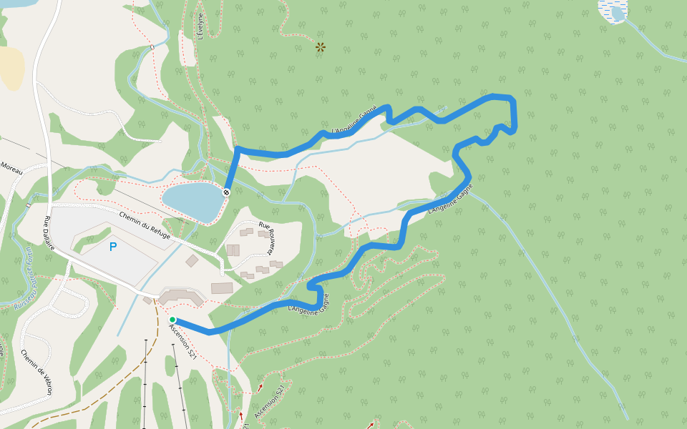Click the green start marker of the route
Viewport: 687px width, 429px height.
pyautogui.click(x=172, y=320)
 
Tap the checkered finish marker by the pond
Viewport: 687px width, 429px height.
pyautogui.click(x=226, y=192)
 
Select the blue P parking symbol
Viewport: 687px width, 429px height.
pyautogui.click(x=112, y=247)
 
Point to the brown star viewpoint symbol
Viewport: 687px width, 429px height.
pyautogui.click(x=320, y=47)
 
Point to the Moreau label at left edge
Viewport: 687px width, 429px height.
pyautogui.click(x=11, y=167)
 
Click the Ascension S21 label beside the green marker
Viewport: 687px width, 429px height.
pyautogui.click(x=183, y=342)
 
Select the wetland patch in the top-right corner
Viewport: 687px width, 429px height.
pyautogui.click(x=613, y=11)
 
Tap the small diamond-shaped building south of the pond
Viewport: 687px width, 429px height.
pyautogui.click(x=192, y=261)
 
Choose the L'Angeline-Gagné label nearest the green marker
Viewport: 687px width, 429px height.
pyautogui.click(x=309, y=303)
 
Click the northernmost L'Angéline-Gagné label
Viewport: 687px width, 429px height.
pyautogui.click(x=355, y=121)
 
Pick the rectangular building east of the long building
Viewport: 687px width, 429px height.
pyautogui.click(x=222, y=288)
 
